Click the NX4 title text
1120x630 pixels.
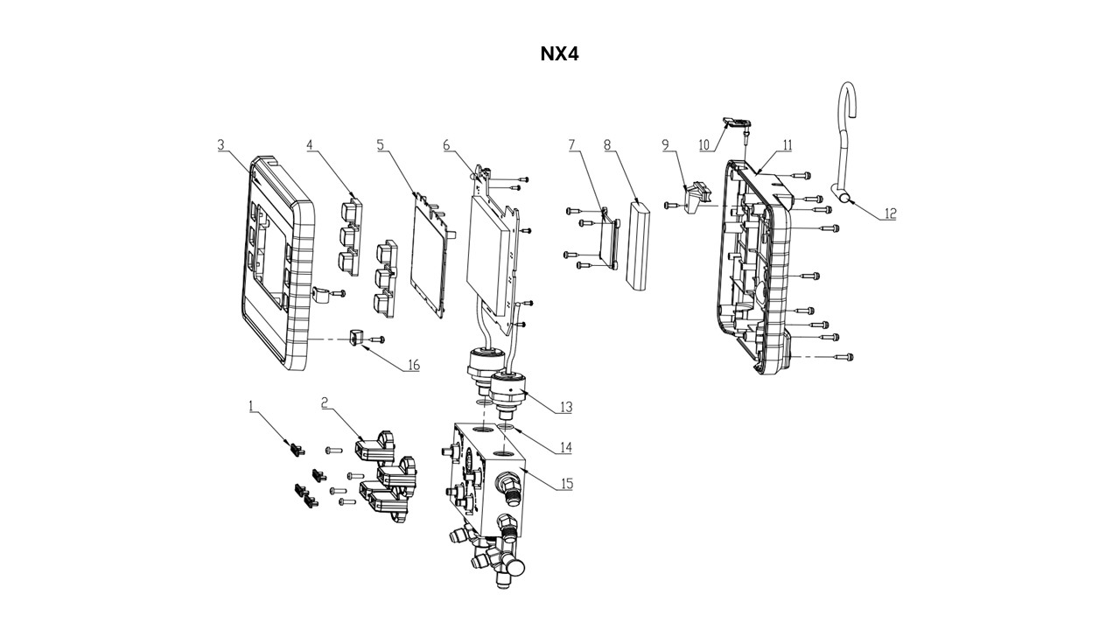(x=559, y=54)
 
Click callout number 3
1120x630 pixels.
(x=222, y=144)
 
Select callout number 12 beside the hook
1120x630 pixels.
(x=889, y=213)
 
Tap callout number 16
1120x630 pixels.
(x=412, y=365)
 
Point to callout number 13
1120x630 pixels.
(x=566, y=407)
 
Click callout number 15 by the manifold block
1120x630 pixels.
(x=566, y=483)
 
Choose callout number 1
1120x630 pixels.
(x=251, y=406)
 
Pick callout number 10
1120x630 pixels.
(x=704, y=144)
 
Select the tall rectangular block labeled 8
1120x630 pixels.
(x=638, y=245)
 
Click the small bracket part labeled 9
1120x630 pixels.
(x=697, y=198)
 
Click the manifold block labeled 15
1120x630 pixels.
(x=490, y=477)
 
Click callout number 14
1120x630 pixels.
(x=566, y=447)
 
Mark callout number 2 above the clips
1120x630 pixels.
(x=325, y=402)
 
